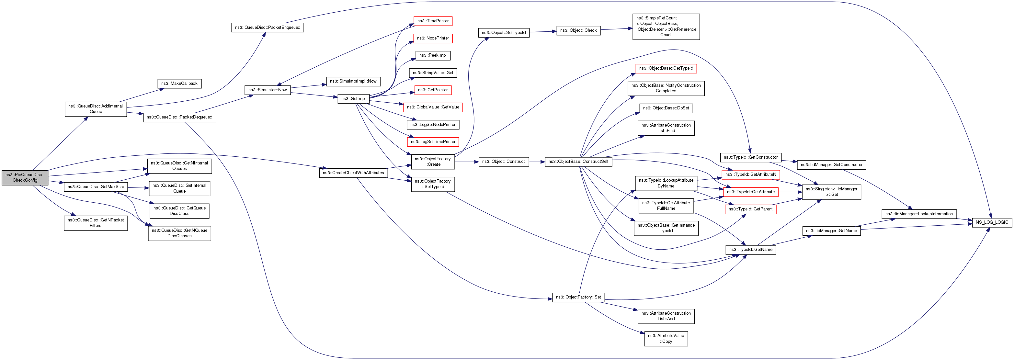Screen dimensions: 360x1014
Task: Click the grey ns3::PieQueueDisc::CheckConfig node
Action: [x=25, y=177]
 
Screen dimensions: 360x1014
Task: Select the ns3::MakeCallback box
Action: [x=179, y=84]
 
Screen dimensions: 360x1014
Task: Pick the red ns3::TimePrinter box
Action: [x=433, y=21]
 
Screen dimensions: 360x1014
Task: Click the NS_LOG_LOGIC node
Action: [x=992, y=222]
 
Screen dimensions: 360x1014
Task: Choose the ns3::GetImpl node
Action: [x=353, y=99]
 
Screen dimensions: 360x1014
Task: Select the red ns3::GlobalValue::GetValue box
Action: [x=433, y=107]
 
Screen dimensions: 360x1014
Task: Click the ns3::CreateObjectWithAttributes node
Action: [x=353, y=173]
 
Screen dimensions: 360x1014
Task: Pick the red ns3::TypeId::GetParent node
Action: [x=750, y=209]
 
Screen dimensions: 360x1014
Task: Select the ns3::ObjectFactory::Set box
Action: [x=578, y=297]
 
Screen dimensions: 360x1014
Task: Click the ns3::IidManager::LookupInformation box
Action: [x=919, y=214]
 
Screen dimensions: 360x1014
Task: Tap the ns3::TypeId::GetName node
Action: [x=750, y=250]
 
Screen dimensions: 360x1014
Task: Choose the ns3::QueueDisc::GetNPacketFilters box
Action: [x=96, y=223]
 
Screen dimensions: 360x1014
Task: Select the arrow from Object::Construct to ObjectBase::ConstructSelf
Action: [x=537, y=162]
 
